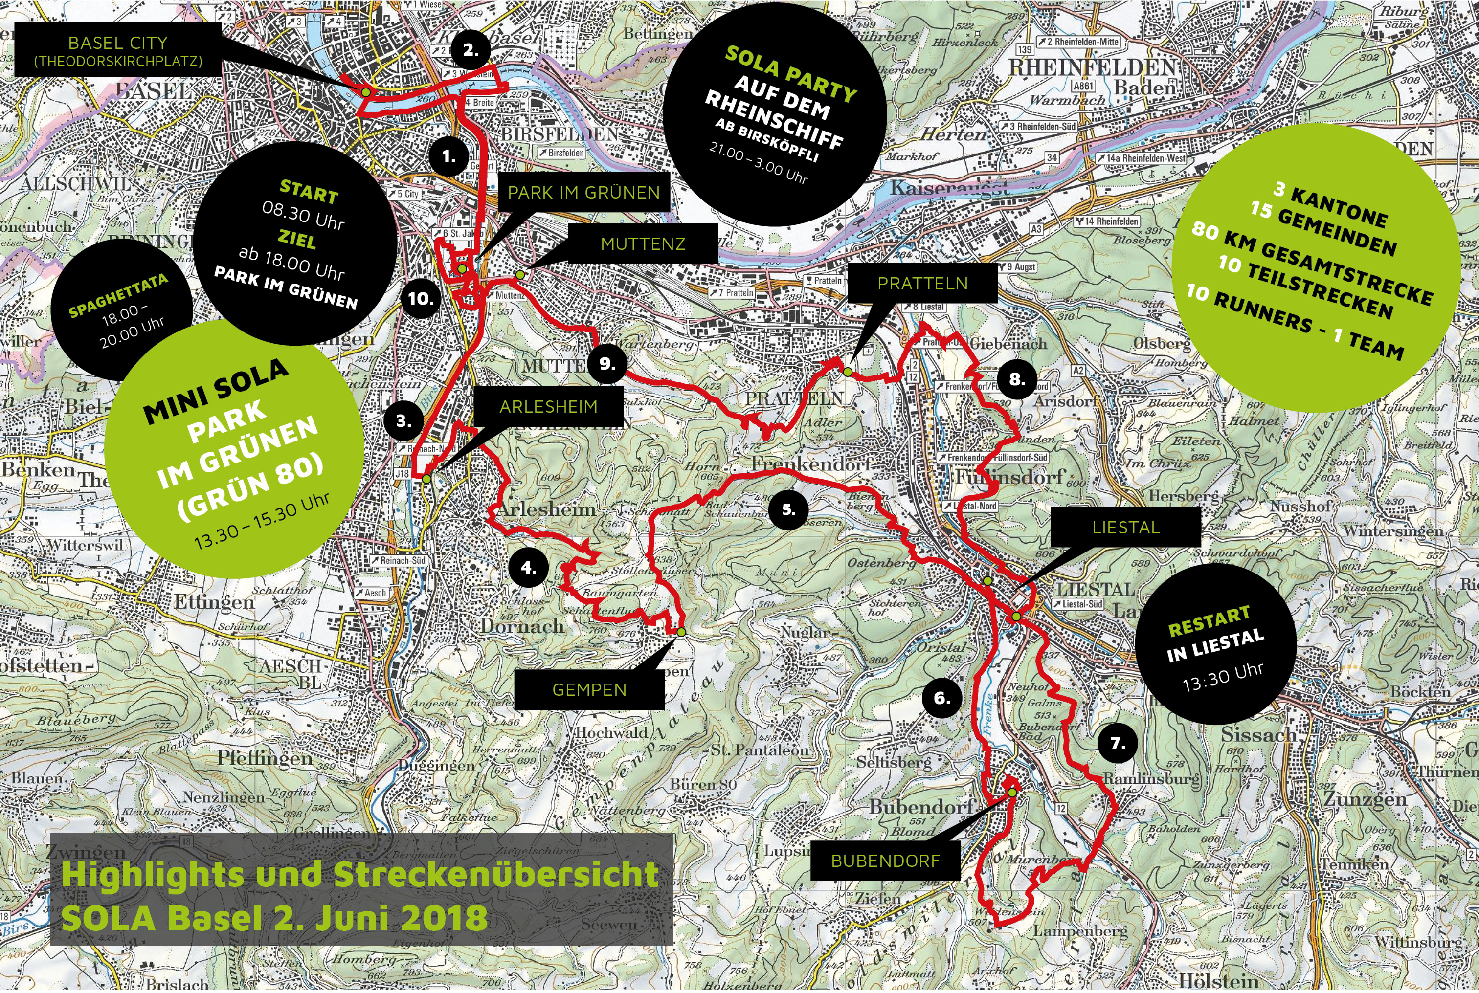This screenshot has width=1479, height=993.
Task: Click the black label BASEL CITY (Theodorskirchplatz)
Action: [118, 51]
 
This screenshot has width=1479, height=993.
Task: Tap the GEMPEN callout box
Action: [589, 690]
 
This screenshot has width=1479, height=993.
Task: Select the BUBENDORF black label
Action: [885, 861]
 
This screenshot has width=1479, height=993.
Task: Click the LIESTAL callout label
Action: [1125, 528]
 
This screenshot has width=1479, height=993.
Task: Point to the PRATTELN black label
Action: [922, 283]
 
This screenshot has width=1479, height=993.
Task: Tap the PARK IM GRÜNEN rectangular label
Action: [583, 193]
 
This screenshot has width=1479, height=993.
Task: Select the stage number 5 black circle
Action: [788, 509]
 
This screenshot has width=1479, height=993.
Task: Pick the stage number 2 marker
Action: [471, 50]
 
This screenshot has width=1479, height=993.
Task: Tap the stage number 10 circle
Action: [421, 298]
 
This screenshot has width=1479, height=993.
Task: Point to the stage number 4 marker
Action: [528, 568]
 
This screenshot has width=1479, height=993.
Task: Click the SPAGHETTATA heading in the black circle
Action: [118, 296]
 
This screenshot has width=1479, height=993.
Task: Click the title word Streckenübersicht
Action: [495, 875]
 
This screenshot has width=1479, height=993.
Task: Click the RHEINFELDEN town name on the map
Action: [1091, 66]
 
